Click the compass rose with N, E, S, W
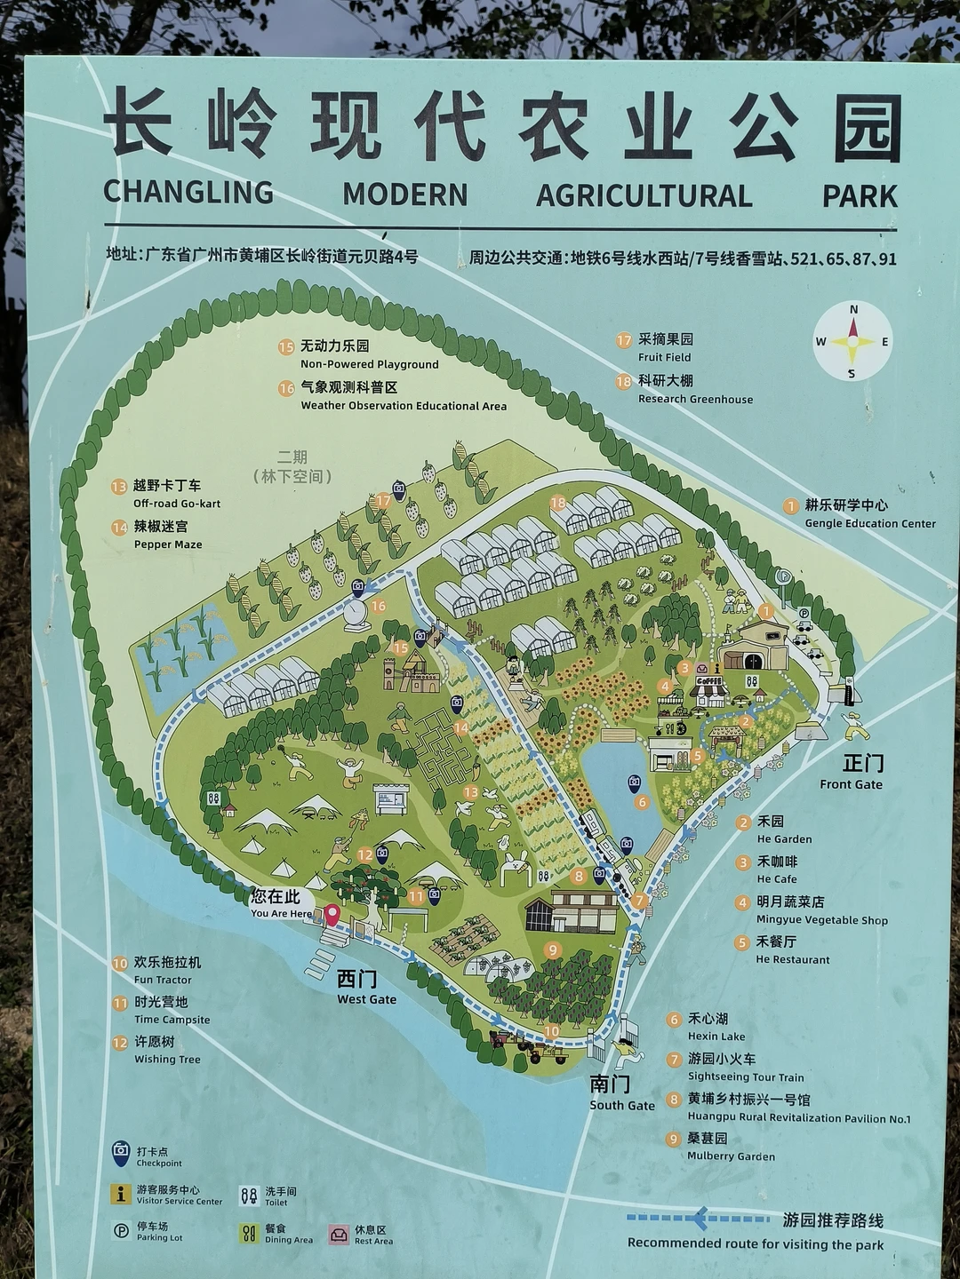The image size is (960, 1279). click(x=852, y=341)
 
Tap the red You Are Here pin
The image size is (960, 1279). click(x=332, y=914)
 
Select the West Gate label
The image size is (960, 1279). click(x=365, y=986)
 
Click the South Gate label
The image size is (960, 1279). click(x=621, y=1092)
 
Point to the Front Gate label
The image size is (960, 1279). click(x=852, y=772)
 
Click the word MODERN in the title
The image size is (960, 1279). click(x=405, y=195)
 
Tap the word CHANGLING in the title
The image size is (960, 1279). click(x=188, y=193)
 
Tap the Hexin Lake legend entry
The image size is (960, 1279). click(x=707, y=1027)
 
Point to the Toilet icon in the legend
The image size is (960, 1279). click(x=249, y=1196)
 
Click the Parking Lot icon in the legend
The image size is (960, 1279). click(x=121, y=1231)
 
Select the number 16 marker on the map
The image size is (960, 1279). click(x=379, y=607)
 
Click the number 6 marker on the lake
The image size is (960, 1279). click(x=642, y=802)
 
